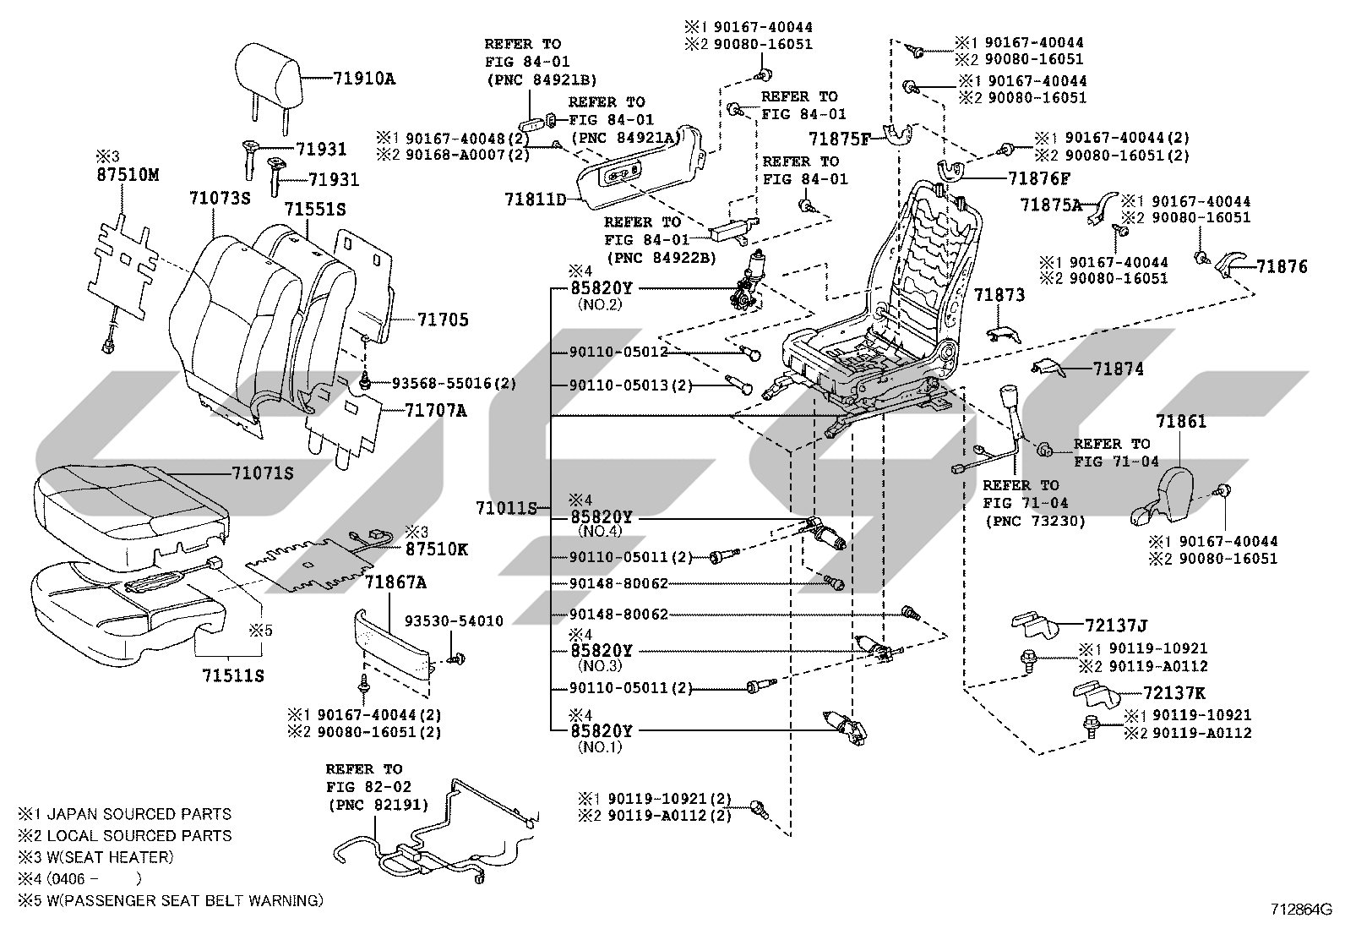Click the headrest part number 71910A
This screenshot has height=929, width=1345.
pyautogui.click(x=364, y=79)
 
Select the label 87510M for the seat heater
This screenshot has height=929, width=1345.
pyautogui.click(x=128, y=175)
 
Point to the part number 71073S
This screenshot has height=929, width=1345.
pyautogui.click(x=220, y=199)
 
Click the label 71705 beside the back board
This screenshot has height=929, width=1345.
pyautogui.click(x=444, y=320)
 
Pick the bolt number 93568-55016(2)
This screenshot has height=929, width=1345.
pyautogui.click(x=454, y=384)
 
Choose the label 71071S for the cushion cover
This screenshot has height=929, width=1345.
pyautogui.click(x=263, y=473)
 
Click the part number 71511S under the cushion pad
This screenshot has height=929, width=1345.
pyautogui.click(x=233, y=676)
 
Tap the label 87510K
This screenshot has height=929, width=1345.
pyautogui.click(x=437, y=549)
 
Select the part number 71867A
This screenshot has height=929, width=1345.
pyautogui.click(x=395, y=582)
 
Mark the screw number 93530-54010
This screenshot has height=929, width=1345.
pyautogui.click(x=454, y=621)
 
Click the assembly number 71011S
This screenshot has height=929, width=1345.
pyautogui.click(x=506, y=508)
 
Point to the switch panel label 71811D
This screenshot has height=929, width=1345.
pyautogui.click(x=536, y=199)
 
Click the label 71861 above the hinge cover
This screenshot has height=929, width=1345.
pyautogui.click(x=1181, y=421)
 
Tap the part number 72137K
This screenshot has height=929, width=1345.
pyautogui.click(x=1173, y=693)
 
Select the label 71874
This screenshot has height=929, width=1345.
pyautogui.click(x=1118, y=369)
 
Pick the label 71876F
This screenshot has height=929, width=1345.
pyautogui.click(x=1039, y=179)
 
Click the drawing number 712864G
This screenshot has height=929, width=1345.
pyautogui.click(x=1300, y=910)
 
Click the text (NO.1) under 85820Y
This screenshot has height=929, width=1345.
pyautogui.click(x=600, y=747)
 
